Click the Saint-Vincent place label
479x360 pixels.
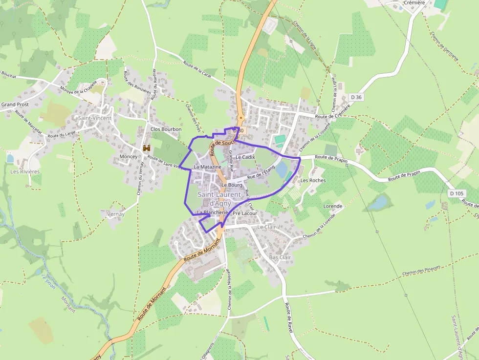[x=95, y=118]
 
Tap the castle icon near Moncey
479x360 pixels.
[x=146, y=148]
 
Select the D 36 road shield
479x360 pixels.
[x=356, y=97]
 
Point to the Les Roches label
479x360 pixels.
[x=313, y=180]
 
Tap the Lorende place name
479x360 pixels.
[x=333, y=206]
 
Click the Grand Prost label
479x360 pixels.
[x=15, y=105]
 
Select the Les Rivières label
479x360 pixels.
[x=25, y=171]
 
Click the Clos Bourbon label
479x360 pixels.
[x=166, y=129]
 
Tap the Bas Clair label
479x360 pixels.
[x=280, y=257]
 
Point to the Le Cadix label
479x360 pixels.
[x=245, y=157]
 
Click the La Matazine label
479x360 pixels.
[x=208, y=167]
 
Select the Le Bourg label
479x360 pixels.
[x=232, y=185]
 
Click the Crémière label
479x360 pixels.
[x=414, y=2]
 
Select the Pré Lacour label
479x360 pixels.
[x=245, y=213]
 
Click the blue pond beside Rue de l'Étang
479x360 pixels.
[x=282, y=169]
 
